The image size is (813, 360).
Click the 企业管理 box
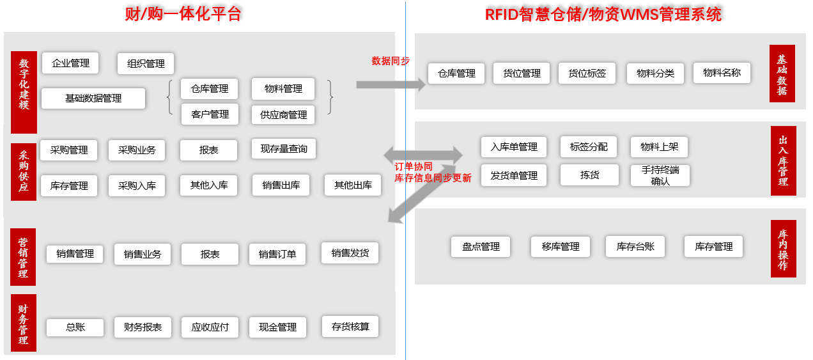[x=70, y=63]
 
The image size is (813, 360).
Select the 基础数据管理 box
[x=93, y=98]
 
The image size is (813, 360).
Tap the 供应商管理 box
[x=283, y=115]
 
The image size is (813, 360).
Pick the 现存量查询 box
[x=284, y=149]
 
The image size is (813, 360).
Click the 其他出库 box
[x=353, y=185]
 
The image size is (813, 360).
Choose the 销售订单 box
[x=277, y=254]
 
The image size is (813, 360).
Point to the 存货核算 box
[x=350, y=326]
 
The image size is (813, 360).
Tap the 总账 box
[x=75, y=327]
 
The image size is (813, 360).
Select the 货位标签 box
[x=587, y=74]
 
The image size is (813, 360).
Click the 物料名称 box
[x=722, y=73]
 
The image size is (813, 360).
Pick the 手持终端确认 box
[x=660, y=176]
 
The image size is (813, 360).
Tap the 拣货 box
[x=589, y=175]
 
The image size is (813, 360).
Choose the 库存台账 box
[x=635, y=247]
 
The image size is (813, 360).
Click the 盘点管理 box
[x=481, y=247]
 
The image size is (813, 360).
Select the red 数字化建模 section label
[x=24, y=92]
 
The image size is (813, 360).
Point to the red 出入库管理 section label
[x=783, y=160]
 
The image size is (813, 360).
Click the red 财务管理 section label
[x=24, y=323]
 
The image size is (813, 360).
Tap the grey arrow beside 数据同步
[x=391, y=84]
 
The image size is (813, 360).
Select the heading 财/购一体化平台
[x=183, y=14]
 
